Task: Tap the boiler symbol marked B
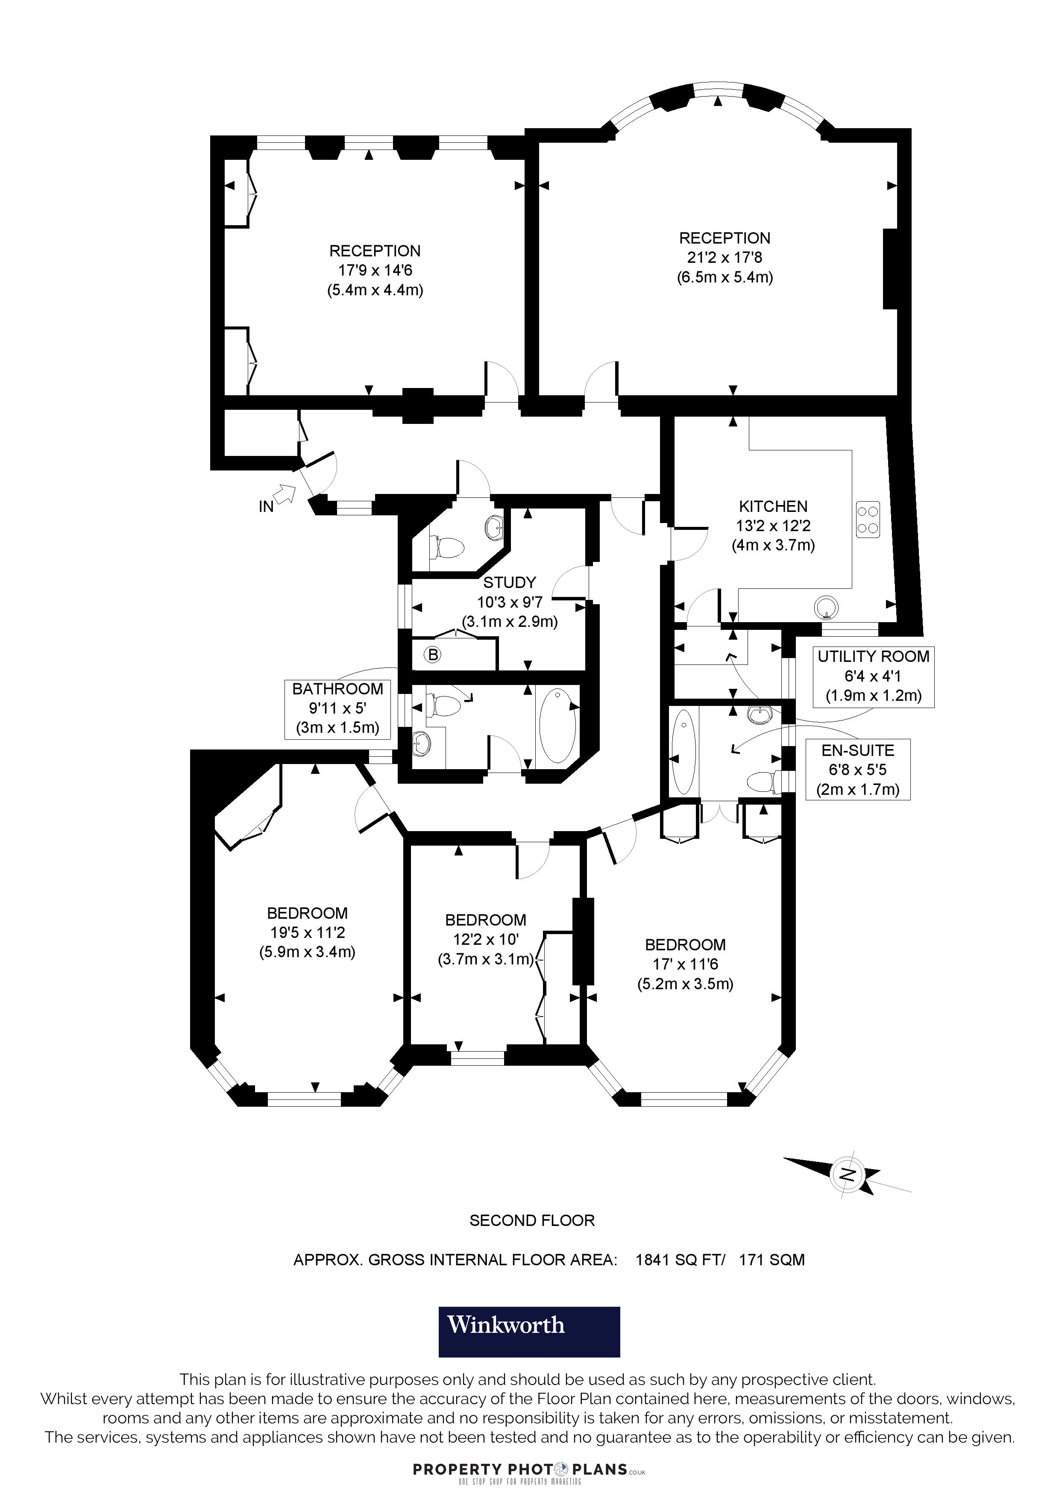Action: (433, 654)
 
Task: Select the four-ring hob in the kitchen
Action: (867, 520)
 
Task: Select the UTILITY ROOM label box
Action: (873, 676)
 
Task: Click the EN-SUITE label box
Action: (857, 770)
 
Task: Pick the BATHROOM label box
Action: (337, 708)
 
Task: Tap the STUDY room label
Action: (510, 582)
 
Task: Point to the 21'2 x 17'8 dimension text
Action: (724, 257)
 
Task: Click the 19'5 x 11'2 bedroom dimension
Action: (307, 932)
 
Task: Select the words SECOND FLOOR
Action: (532, 1221)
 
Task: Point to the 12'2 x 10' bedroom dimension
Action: (485, 940)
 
